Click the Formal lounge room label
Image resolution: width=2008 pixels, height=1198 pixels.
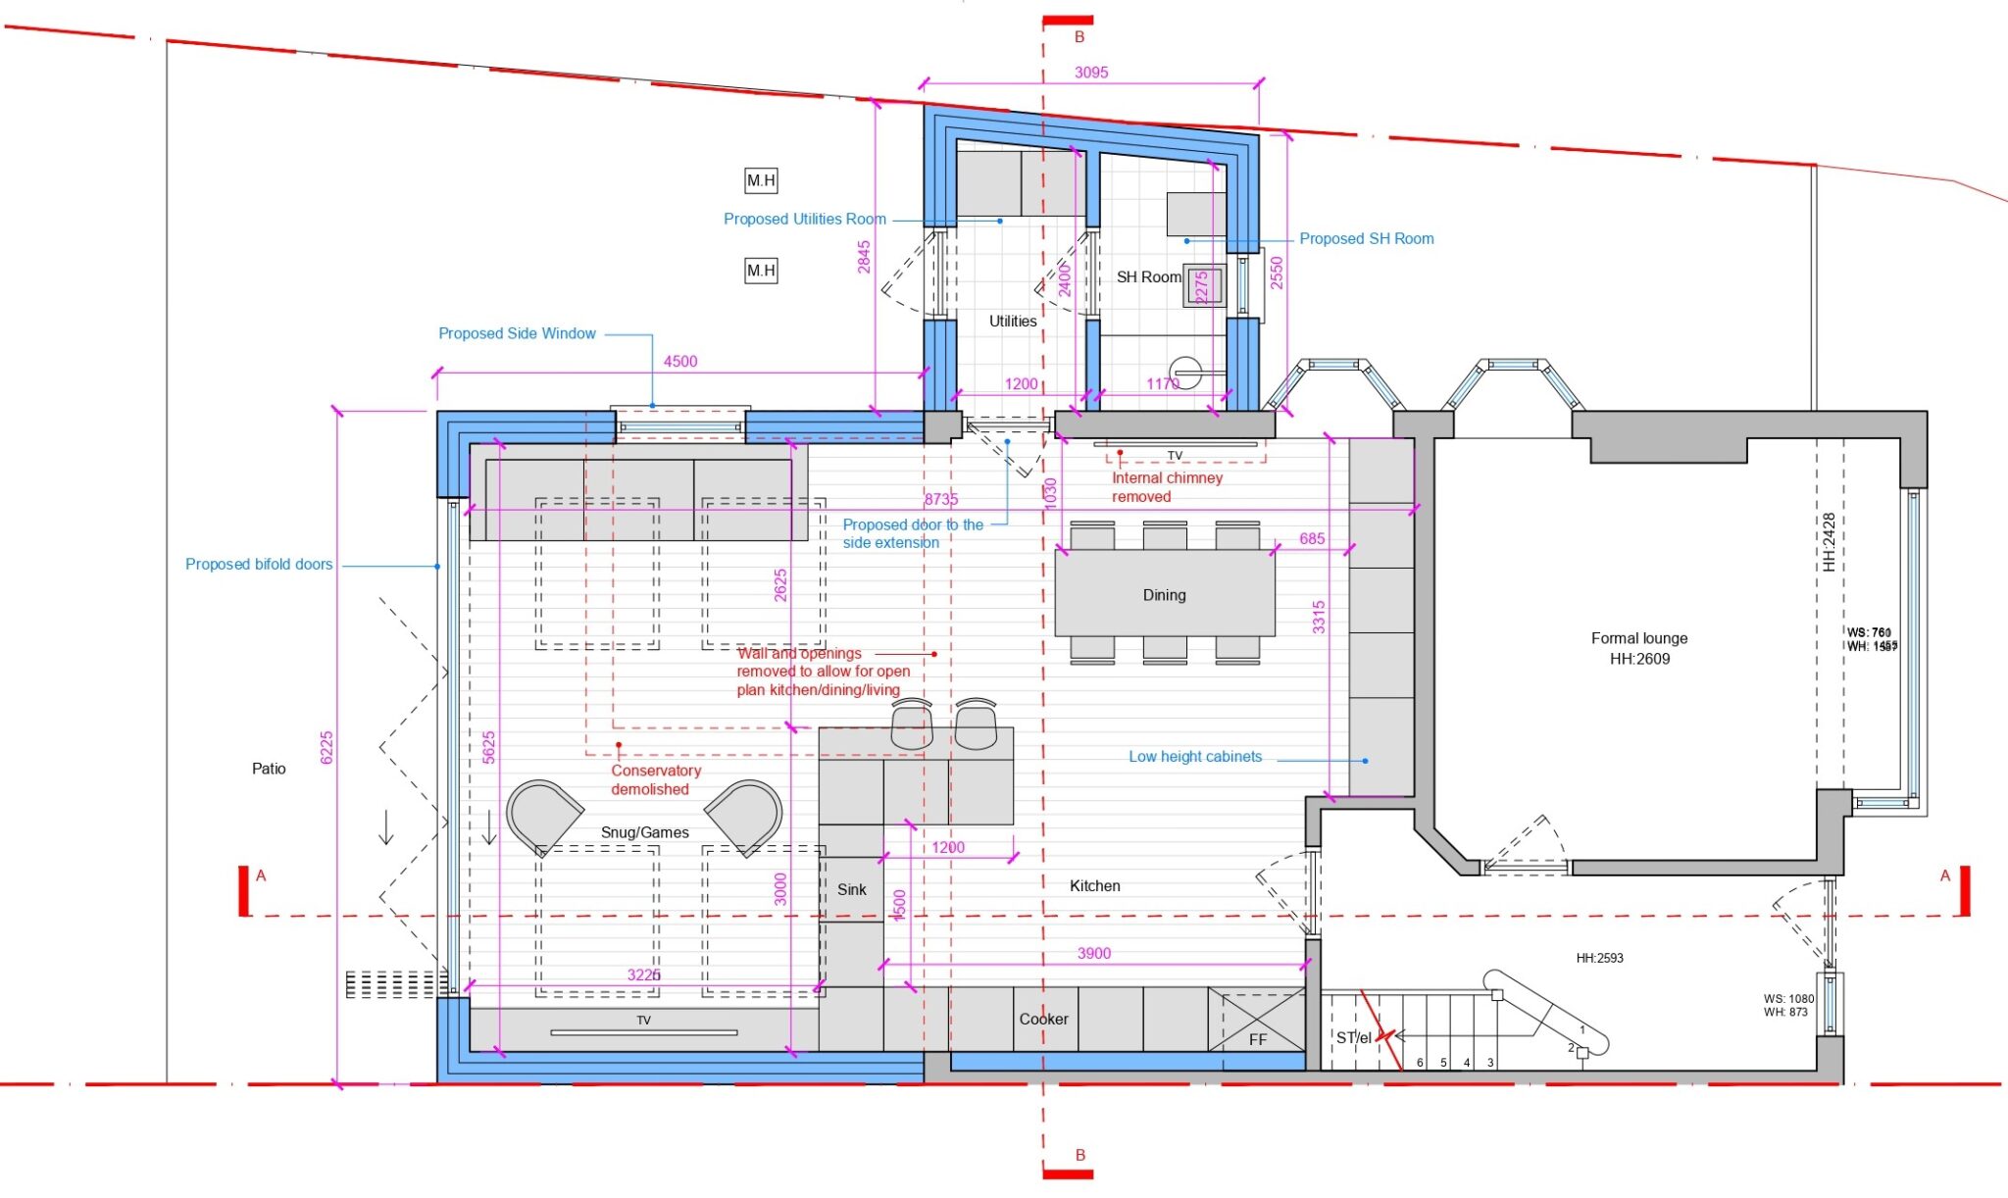point(1638,638)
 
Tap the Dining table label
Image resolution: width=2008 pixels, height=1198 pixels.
point(1164,595)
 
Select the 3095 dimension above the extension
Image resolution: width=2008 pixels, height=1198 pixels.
point(1090,73)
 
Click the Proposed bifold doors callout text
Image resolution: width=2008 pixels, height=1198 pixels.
point(259,565)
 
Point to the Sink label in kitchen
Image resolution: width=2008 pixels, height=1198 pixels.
point(851,889)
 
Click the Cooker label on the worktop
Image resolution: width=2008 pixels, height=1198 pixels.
point(1043,1020)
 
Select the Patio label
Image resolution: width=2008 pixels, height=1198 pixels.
point(269,769)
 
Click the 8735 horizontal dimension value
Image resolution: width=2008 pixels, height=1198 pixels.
point(940,499)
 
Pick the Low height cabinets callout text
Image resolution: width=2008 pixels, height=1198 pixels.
point(1194,757)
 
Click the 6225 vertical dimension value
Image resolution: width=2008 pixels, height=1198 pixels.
point(327,747)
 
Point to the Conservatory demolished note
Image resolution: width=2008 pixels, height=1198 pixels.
point(655,780)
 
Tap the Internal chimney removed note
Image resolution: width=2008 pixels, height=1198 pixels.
point(1166,487)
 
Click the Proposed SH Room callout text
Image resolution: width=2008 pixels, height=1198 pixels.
point(1366,238)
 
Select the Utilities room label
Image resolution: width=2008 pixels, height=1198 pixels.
point(1012,322)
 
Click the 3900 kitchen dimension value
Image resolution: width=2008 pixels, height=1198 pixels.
point(1093,953)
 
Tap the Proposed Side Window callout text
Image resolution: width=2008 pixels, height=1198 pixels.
point(517,333)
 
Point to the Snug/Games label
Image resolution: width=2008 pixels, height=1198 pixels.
point(644,832)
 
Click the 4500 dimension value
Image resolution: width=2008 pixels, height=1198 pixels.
point(679,362)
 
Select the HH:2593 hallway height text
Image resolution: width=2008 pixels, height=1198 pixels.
point(1599,958)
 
